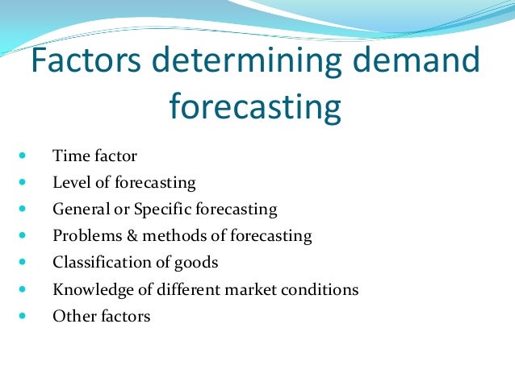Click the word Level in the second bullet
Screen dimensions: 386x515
pos(70,183)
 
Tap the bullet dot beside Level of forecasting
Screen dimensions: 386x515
pos(21,183)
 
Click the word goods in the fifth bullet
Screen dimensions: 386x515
pos(198,263)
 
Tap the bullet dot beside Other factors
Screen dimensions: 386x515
pos(21,316)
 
